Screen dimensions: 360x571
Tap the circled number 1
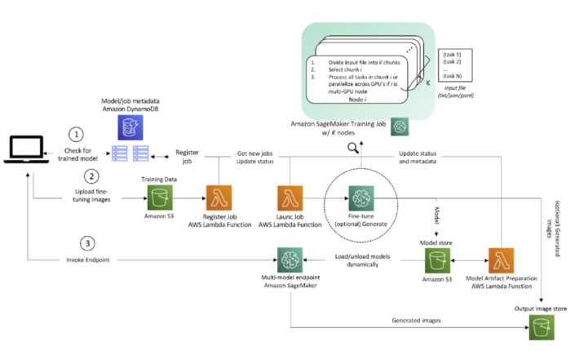[x=76, y=134]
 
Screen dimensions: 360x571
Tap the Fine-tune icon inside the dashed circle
[x=361, y=196]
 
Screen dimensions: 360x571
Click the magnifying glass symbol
[x=354, y=148]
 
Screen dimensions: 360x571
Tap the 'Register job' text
[x=188, y=158]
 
